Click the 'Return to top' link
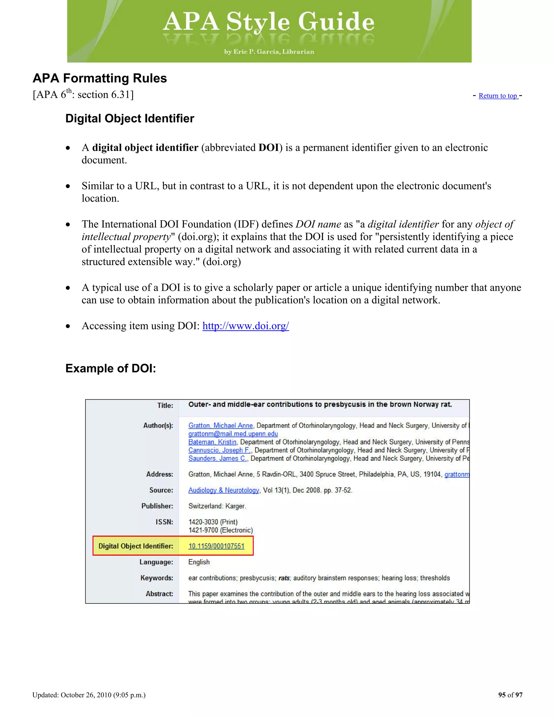498,96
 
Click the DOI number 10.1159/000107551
216,546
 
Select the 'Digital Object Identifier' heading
130,118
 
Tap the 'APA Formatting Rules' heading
100,78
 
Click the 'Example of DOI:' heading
111,368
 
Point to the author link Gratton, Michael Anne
220,425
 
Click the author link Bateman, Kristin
212,442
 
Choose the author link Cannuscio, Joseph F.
219,450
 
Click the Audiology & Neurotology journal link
224,490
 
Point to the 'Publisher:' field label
157,506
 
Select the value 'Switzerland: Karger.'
217,506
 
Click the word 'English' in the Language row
199,562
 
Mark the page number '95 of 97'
510,695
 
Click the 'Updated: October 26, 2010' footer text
89,695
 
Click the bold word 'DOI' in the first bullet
269,148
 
